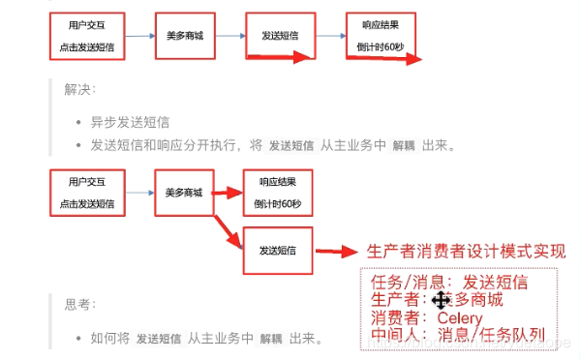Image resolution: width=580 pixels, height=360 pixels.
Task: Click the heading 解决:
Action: point(79,89)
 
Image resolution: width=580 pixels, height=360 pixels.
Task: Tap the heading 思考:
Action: point(79,304)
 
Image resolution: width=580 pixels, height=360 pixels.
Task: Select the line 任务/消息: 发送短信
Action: point(449,282)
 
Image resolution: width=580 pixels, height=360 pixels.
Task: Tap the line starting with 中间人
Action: point(458,336)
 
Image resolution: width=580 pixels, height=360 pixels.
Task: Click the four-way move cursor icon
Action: point(441,301)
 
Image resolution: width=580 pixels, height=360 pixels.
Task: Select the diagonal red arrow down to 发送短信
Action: point(231,228)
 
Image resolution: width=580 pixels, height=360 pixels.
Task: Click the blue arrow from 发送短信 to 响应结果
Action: point(329,36)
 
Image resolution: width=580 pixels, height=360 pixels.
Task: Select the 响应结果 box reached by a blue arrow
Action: point(380,36)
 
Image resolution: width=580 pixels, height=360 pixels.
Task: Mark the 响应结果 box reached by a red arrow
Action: point(279,193)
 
